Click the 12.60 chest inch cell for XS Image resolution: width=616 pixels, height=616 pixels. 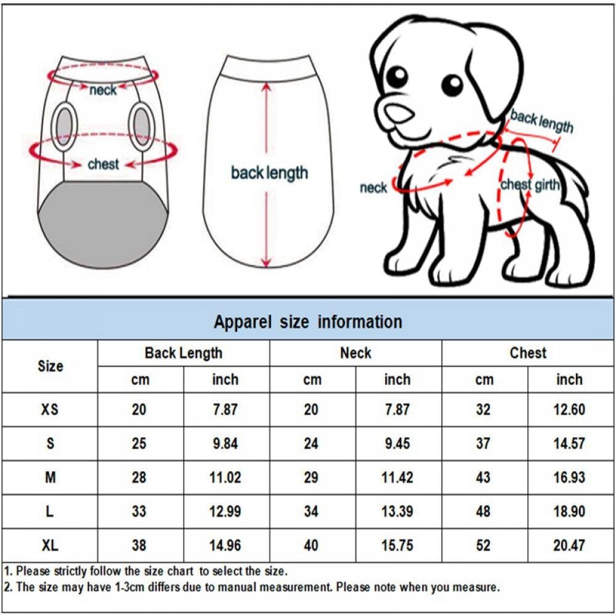coord(569,410)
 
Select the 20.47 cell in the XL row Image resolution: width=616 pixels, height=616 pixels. coord(569,545)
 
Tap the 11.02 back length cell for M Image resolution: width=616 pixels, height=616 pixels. coord(225,477)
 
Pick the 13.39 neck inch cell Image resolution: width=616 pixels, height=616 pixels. coord(397,511)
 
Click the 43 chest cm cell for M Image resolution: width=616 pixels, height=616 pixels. coord(484,477)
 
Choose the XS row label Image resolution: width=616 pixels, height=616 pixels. coord(50,410)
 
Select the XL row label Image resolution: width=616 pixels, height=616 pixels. coord(50,545)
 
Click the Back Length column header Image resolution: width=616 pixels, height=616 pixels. coord(183,353)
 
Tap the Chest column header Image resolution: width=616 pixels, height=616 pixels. coord(528,353)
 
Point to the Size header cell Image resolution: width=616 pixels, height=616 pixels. coord(50,366)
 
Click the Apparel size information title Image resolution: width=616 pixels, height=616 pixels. coord(307,322)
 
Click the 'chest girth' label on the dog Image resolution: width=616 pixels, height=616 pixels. coord(530,185)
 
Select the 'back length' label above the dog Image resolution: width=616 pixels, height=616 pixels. coord(541,121)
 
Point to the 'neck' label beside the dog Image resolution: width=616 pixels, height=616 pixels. coord(373,188)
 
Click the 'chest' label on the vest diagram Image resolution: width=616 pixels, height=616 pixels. coord(103,164)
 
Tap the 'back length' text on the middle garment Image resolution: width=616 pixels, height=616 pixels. coord(269,173)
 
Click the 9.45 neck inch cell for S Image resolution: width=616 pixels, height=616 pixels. coord(397,444)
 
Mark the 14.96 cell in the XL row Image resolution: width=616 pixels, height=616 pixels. coord(225,545)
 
